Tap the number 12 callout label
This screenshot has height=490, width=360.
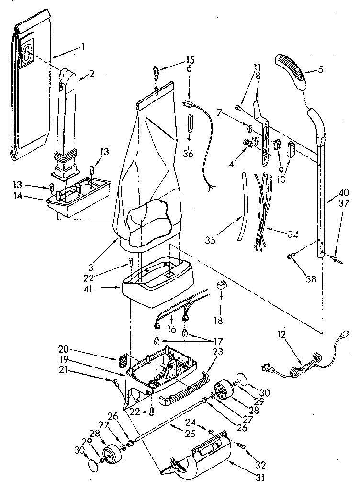(x=282, y=335)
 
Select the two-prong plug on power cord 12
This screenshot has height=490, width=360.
(x=266, y=368)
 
